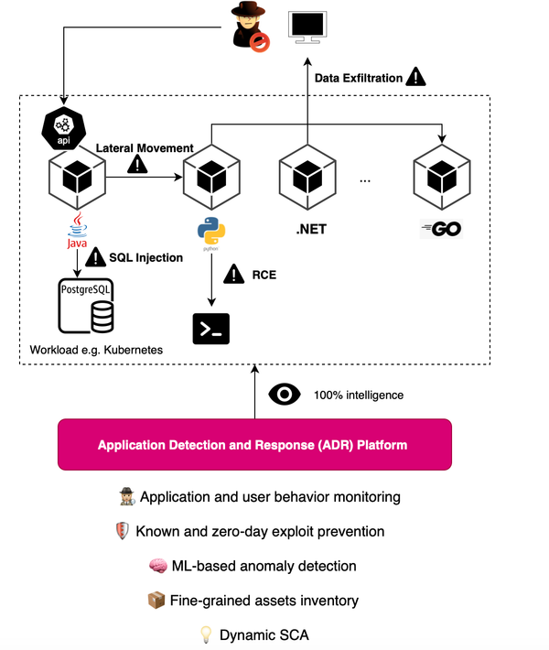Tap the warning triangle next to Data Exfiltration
pyautogui.click(x=416, y=77)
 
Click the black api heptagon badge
pyautogui.click(x=62, y=129)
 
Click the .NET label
pyautogui.click(x=311, y=229)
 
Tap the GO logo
pyautogui.click(x=442, y=228)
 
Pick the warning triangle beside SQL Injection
pyautogui.click(x=96, y=259)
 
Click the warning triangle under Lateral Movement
pyautogui.click(x=138, y=164)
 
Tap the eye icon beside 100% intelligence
pyautogui.click(x=284, y=395)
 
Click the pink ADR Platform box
pyautogui.click(x=254, y=446)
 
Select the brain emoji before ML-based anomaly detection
pyautogui.click(x=156, y=566)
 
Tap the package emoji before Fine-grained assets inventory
pyautogui.click(x=155, y=600)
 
